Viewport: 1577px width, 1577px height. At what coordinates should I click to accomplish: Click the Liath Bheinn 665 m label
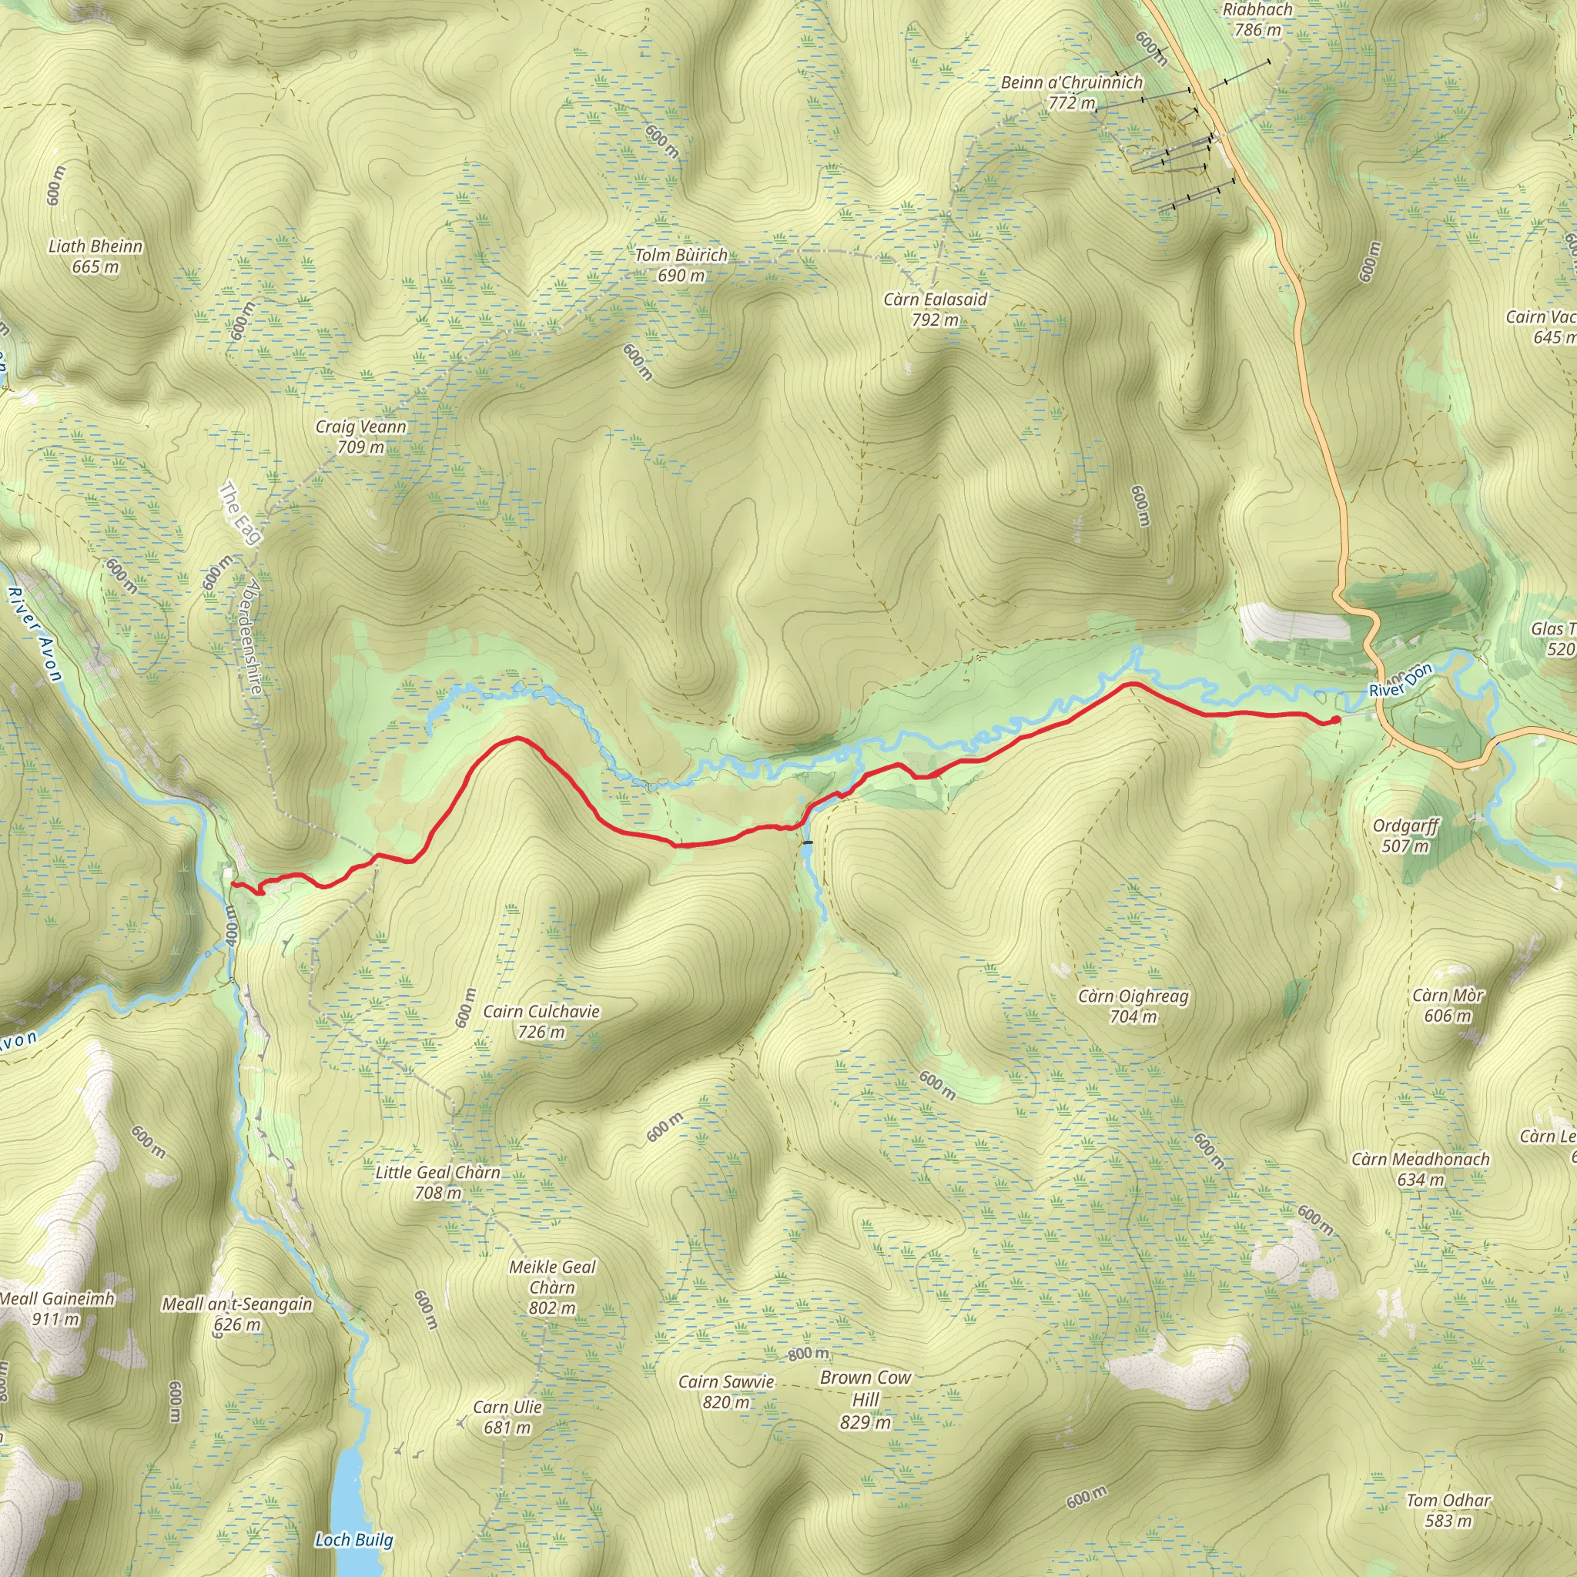point(95,256)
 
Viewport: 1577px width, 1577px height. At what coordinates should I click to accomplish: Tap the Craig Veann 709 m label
point(361,437)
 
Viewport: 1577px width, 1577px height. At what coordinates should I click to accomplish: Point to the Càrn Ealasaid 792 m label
point(936,310)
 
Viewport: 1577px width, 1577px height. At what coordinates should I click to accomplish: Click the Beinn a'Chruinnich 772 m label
point(1072,92)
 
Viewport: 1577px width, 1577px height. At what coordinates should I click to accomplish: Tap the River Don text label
point(1401,681)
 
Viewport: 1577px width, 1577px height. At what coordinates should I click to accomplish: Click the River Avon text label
point(35,634)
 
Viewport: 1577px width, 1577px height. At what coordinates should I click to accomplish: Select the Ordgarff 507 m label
point(1405,835)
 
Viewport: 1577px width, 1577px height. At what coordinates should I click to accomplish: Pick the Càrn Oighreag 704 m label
point(1133,1006)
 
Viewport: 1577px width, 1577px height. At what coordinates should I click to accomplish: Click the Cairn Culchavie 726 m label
point(541,1021)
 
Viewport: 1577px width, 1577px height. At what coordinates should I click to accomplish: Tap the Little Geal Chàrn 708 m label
point(438,1182)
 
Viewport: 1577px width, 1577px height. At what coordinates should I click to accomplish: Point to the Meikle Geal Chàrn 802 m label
point(553,1287)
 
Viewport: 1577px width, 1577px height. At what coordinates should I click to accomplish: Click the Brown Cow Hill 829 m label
point(866,1399)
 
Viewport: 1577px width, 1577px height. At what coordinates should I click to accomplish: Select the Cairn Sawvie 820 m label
point(725,1391)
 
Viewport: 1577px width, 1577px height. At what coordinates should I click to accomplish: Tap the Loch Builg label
point(354,1539)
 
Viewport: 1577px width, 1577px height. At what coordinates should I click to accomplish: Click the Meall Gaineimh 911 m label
point(57,1307)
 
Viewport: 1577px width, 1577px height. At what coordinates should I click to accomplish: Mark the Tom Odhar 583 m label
point(1449,1510)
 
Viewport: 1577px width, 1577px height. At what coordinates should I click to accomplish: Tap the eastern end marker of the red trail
point(1335,719)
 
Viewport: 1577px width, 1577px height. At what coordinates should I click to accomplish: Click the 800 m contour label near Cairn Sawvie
point(808,1354)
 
